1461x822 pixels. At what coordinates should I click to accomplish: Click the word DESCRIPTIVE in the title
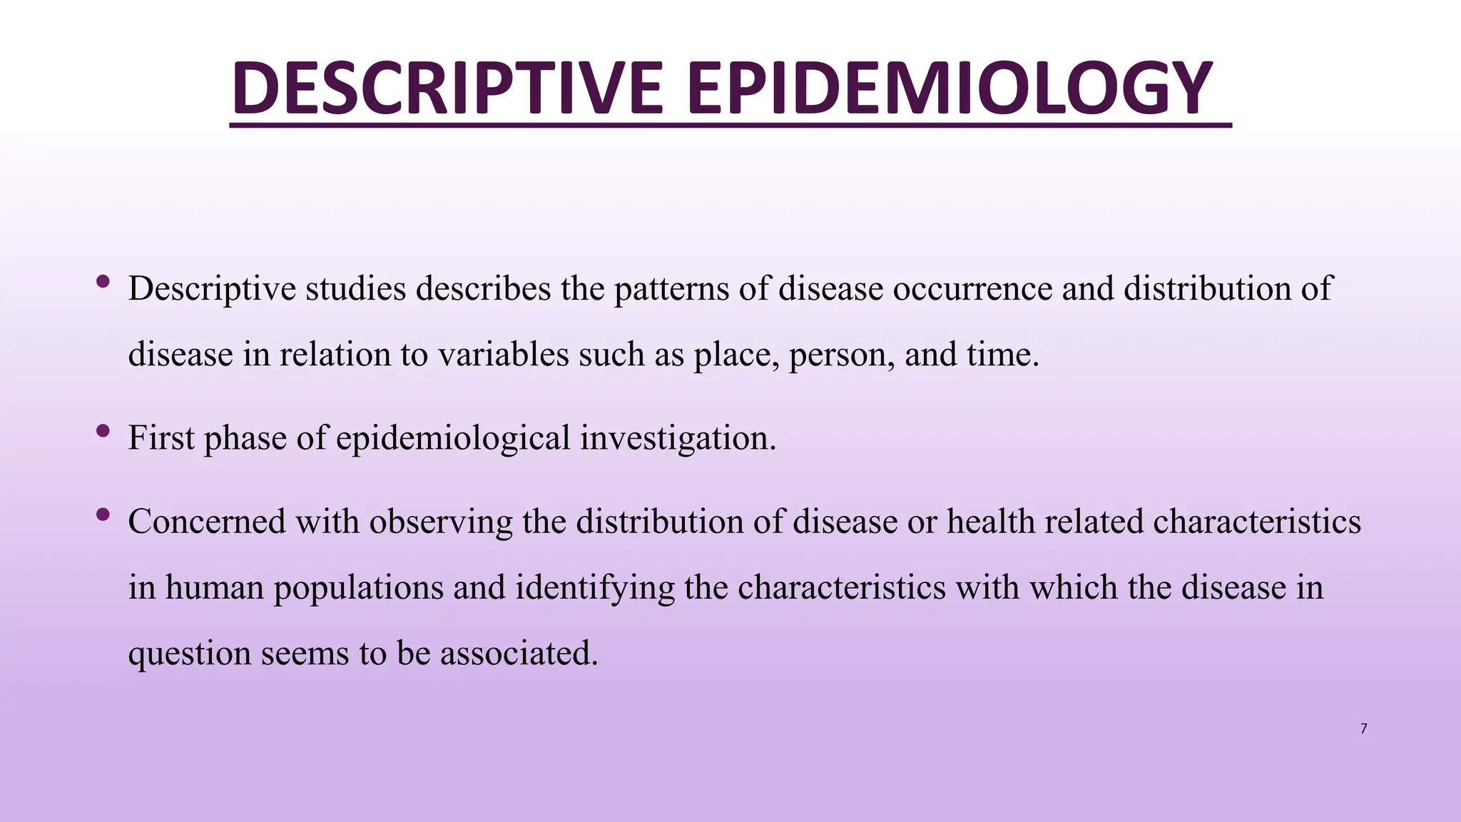pos(447,88)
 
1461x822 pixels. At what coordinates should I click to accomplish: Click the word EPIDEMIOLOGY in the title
pos(949,88)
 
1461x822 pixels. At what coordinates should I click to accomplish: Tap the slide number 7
pos(1363,729)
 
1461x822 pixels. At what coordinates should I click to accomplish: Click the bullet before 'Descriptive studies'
pos(103,281)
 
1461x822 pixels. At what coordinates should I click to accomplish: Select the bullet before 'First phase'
pos(103,430)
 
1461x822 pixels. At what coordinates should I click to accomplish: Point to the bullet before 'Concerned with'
pos(103,514)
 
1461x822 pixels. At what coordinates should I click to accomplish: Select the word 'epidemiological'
pos(453,438)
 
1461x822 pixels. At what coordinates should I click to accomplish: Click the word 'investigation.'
pos(678,438)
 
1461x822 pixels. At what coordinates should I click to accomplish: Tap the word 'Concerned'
pos(207,522)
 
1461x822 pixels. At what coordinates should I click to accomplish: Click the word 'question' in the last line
pos(189,654)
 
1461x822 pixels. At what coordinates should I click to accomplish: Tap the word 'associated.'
pos(519,654)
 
